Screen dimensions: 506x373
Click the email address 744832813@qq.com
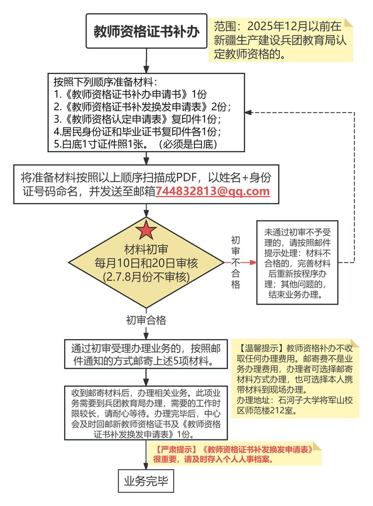(212, 191)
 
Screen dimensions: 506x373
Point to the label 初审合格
(146, 320)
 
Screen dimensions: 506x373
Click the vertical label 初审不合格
(235, 262)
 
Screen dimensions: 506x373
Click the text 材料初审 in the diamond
(147, 250)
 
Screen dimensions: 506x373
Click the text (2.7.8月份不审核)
(147, 276)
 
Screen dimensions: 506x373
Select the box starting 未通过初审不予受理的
(297, 262)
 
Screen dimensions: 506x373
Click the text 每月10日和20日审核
(147, 263)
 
